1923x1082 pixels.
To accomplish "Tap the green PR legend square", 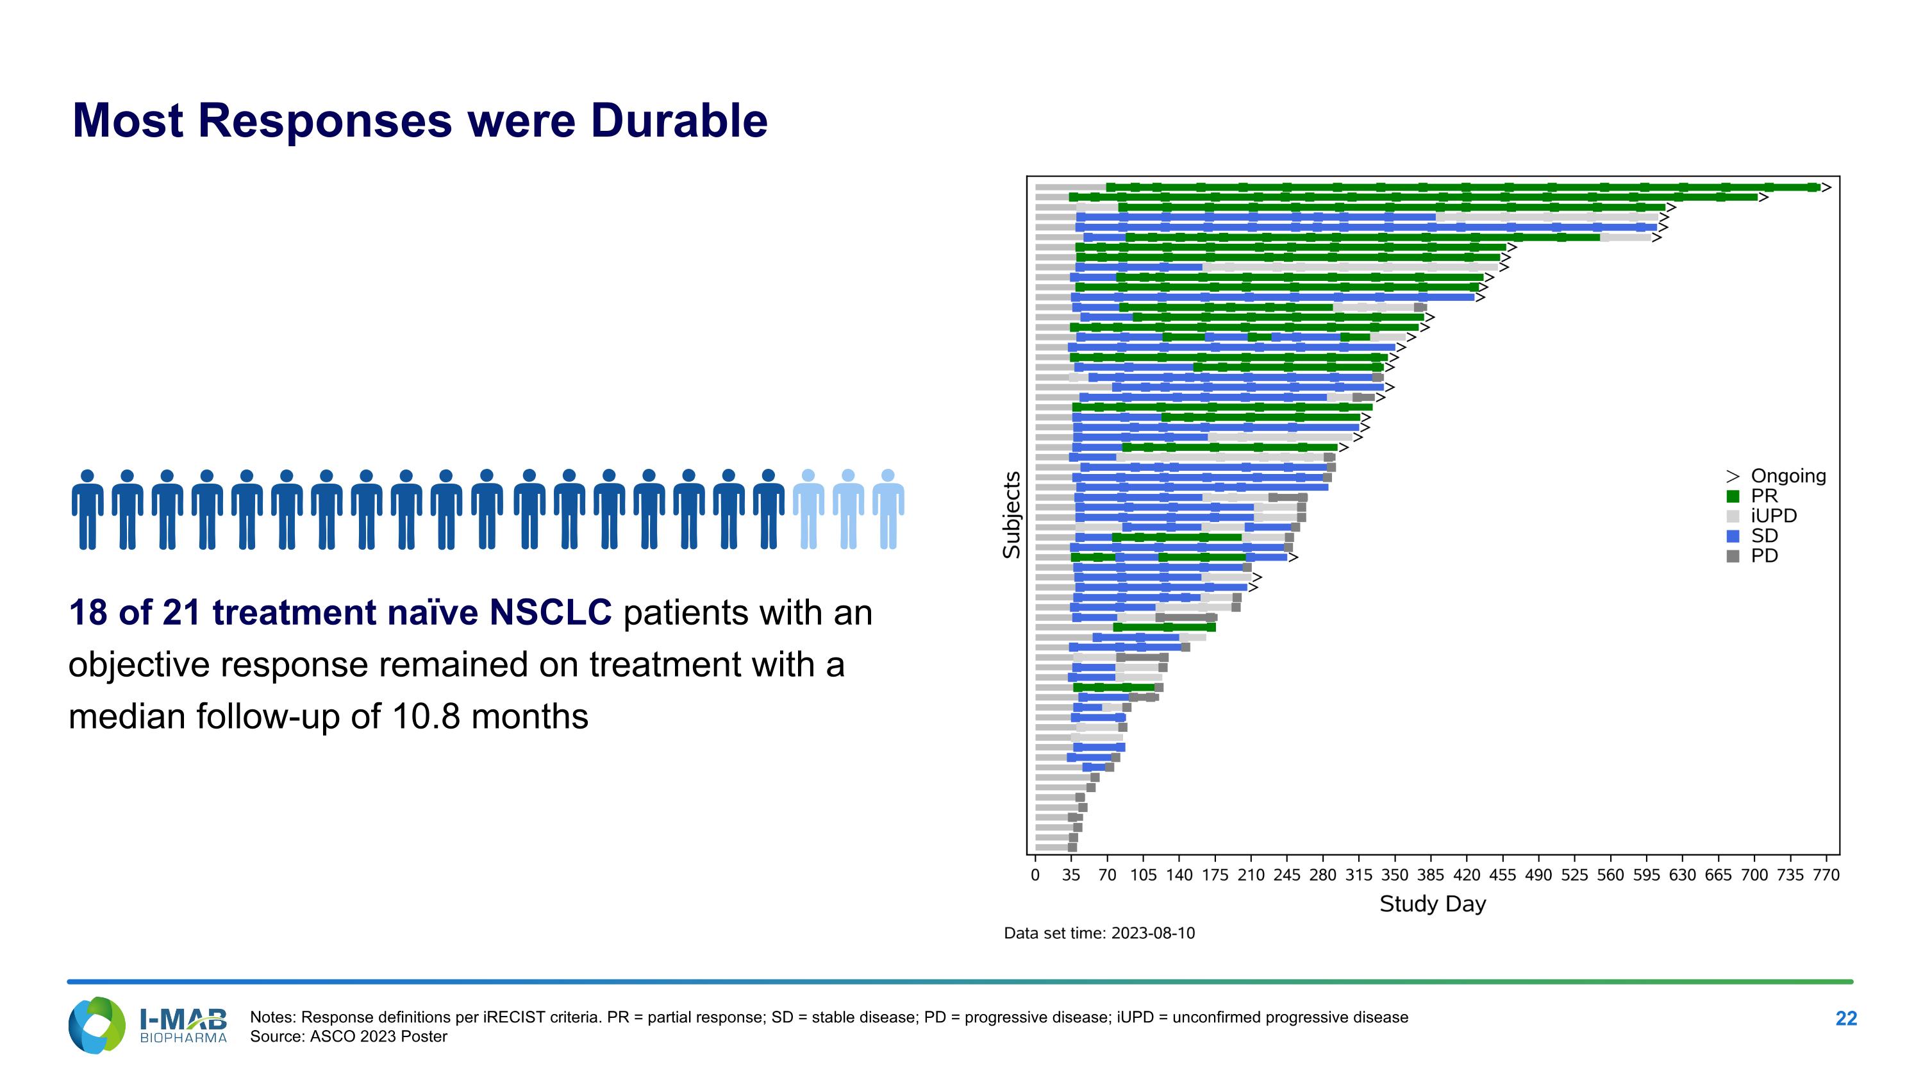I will [x=1733, y=496].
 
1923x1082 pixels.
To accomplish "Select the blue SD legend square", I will [x=1733, y=536].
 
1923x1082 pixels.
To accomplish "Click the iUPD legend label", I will [x=1774, y=516].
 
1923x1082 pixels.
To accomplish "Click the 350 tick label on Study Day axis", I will [x=1394, y=874].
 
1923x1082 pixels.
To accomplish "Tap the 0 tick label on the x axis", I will [x=1035, y=874].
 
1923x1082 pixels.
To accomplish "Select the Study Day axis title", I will [x=1433, y=904].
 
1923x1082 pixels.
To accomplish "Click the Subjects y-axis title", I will [x=1011, y=514].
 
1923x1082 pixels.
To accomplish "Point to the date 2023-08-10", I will [x=1153, y=933].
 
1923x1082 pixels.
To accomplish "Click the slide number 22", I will [x=1845, y=1019].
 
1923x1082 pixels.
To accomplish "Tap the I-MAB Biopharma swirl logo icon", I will [x=96, y=1026].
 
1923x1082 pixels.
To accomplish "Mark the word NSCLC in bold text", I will [x=550, y=613].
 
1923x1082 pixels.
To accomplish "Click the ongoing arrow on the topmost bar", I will [x=1826, y=187].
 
